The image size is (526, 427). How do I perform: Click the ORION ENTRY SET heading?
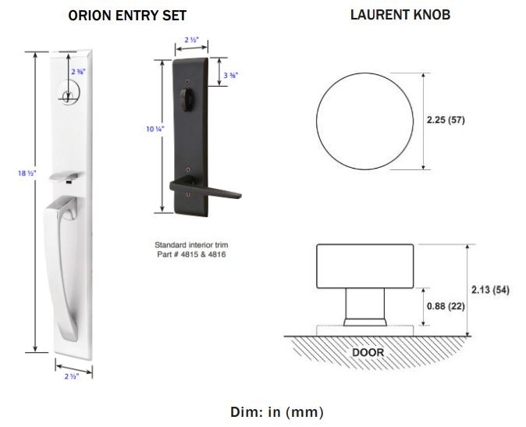tap(127, 16)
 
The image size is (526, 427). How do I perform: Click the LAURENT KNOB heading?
tap(400, 15)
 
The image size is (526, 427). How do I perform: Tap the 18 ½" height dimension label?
tap(27, 173)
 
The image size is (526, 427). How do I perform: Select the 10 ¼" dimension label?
tap(155, 129)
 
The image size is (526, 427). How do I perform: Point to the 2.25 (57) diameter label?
tap(446, 119)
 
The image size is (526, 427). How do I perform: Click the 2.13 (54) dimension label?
tap(490, 290)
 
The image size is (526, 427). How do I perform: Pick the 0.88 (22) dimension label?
tap(446, 306)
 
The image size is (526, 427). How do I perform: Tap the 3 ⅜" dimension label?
tap(231, 76)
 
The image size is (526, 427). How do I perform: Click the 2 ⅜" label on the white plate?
tap(78, 72)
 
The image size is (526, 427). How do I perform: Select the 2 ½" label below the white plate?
tap(72, 376)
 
